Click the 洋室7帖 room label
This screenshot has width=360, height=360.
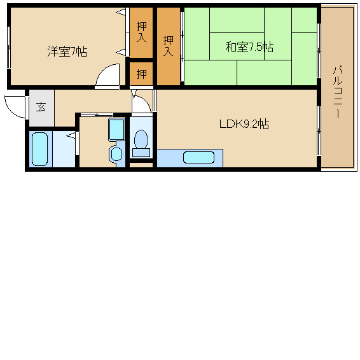point(67,52)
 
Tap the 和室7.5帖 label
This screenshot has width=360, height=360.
point(249,47)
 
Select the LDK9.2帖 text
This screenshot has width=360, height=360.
point(244,124)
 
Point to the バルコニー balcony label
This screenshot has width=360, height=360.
point(338,92)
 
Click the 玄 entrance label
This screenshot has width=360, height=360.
point(41,107)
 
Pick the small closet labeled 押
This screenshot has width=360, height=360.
point(141,74)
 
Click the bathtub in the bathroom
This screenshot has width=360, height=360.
point(39,149)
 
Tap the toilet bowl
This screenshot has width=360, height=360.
point(141,139)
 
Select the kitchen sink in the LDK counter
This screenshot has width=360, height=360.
point(198,158)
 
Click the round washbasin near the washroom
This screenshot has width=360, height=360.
point(116,154)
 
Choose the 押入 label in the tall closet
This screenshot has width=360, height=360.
point(169,46)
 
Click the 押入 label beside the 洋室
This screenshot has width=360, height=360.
point(141,32)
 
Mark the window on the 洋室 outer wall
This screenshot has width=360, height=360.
point(8,48)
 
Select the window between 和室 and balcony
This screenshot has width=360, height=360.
point(319,51)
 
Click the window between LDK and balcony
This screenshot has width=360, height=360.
point(319,131)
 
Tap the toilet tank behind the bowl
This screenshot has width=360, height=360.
point(141,153)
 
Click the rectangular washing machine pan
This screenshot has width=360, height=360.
point(116,130)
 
